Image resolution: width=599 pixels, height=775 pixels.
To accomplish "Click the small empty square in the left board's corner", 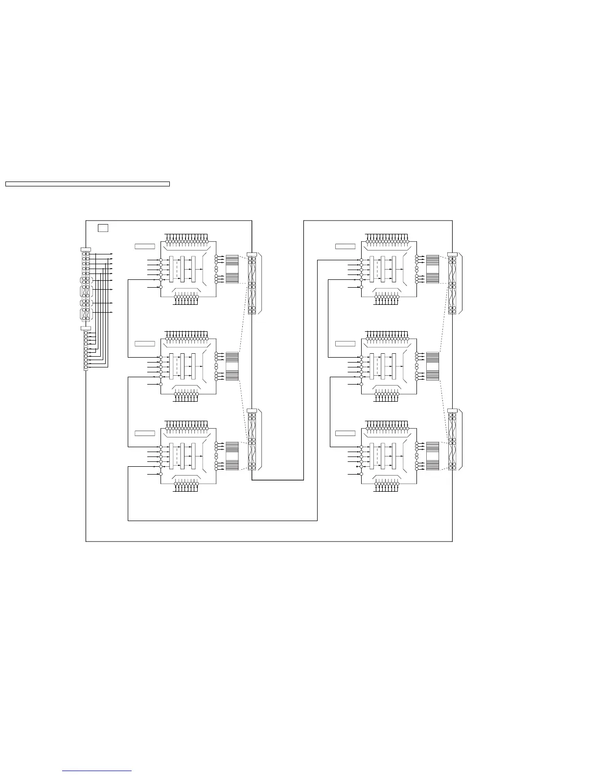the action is [103, 228].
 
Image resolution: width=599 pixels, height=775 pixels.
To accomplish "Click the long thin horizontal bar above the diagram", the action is [87, 184].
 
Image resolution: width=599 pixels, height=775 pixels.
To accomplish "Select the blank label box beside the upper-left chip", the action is [145, 246].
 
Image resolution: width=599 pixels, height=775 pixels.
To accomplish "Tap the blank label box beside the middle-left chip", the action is [145, 343].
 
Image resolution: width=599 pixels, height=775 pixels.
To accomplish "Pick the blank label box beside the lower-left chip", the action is [145, 433].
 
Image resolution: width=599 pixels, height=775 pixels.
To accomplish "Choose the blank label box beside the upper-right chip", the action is [346, 246].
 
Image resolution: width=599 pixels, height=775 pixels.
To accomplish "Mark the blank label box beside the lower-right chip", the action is [346, 433].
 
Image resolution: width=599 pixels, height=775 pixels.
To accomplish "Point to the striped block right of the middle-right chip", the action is [433, 366].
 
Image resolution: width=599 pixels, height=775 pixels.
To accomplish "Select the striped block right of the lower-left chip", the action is [232, 456].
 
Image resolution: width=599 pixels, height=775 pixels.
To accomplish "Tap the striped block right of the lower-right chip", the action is [433, 456].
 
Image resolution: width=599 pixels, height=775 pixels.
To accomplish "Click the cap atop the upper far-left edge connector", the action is [86, 250].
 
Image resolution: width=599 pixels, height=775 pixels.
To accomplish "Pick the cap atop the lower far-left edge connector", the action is [86, 328].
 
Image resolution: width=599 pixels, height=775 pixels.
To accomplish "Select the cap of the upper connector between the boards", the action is [252, 254].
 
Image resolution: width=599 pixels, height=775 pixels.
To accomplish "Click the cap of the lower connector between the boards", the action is [252, 410].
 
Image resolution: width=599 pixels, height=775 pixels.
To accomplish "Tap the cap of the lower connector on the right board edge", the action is [452, 410].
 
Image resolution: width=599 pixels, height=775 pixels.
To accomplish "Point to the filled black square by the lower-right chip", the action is [358, 467].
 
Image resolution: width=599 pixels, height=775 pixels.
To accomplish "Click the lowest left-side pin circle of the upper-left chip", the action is [161, 287].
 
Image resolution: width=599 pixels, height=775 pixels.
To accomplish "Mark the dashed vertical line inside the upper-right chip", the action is [377, 269].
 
